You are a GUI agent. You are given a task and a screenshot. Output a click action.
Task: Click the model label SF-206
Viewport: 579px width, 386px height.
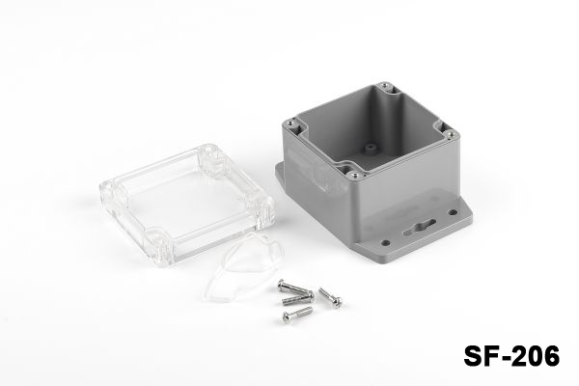[x=511, y=356]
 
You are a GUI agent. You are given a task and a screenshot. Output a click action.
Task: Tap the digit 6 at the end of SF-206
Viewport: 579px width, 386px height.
[x=551, y=356]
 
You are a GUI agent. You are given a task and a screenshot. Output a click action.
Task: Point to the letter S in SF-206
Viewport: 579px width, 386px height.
[x=473, y=356]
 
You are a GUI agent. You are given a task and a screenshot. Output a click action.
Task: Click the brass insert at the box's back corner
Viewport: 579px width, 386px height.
[x=386, y=86]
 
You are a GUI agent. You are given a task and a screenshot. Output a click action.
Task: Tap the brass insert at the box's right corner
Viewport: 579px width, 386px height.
[x=450, y=133]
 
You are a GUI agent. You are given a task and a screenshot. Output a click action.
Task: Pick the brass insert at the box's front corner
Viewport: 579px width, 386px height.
[x=355, y=175]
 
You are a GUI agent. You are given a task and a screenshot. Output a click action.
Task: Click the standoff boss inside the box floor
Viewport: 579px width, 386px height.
[x=368, y=148]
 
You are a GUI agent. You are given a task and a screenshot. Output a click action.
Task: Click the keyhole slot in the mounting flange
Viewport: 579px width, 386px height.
[x=420, y=227]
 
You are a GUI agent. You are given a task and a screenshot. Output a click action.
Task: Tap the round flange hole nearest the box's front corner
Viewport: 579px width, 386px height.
[x=385, y=243]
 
